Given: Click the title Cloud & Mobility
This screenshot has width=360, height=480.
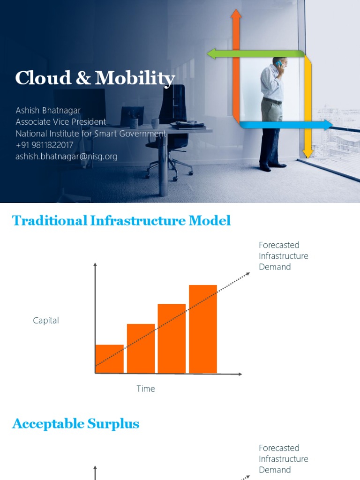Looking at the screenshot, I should click(95, 79).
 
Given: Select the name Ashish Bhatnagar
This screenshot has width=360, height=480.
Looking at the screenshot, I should click(48, 111).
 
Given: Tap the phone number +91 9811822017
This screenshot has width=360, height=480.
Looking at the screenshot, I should click(45, 145).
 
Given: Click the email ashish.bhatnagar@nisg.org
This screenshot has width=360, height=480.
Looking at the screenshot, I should click(66, 157).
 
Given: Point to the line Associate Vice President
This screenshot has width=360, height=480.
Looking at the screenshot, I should click(60, 122).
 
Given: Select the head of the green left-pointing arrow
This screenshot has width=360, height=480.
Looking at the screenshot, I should click(212, 54).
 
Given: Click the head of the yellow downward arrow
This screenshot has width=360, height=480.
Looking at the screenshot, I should click(307, 153).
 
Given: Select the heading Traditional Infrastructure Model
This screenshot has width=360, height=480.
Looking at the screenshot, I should click(121, 220).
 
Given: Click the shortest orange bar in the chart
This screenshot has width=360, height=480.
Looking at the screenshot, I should click(109, 359).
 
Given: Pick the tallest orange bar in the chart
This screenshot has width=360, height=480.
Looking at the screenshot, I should click(203, 329).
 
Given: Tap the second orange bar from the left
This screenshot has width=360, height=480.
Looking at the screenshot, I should click(141, 348).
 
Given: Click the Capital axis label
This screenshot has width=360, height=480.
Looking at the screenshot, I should click(46, 321).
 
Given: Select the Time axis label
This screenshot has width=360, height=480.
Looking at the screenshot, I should click(145, 389).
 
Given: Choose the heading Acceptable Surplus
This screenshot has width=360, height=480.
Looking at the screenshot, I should click(75, 424).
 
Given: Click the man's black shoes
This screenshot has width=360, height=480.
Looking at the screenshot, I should click(272, 166).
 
